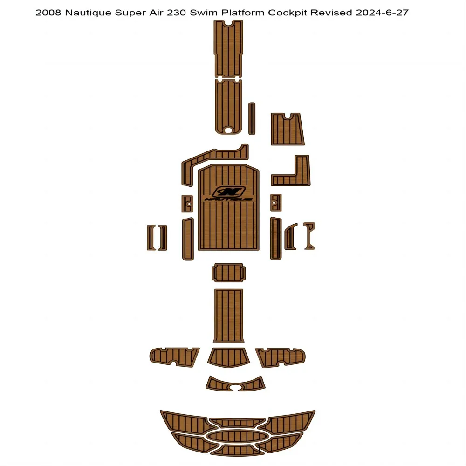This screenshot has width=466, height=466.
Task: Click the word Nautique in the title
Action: point(88,13)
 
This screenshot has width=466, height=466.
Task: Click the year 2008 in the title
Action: point(48,13)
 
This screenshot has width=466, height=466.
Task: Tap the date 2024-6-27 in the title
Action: point(382,13)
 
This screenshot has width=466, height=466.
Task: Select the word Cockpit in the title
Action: point(288,13)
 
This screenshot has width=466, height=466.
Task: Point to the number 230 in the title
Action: point(177,13)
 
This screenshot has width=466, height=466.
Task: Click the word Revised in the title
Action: point(331,13)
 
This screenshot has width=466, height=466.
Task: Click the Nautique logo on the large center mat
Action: point(228,194)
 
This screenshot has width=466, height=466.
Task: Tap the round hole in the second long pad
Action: point(228,130)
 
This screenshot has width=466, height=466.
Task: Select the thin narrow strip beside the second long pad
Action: point(252,118)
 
